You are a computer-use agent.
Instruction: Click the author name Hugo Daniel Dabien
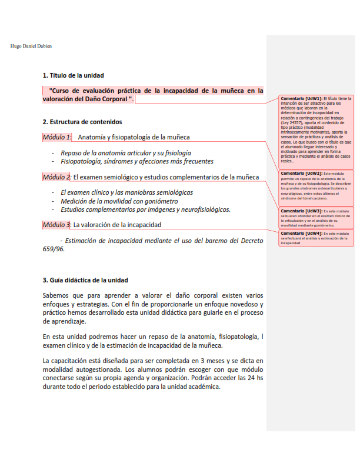coord(32,46)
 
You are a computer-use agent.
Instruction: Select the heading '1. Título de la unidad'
coord(74,75)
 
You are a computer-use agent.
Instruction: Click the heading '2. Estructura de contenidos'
coord(82,122)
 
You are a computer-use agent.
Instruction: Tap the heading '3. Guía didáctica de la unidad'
coord(85,279)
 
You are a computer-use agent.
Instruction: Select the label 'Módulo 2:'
coord(56,177)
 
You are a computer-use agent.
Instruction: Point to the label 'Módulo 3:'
coord(56,225)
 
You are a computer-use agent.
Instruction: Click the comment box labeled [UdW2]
coord(316,187)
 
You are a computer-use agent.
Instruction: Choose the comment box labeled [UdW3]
coord(316,218)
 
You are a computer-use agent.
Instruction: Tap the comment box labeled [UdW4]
coord(316,238)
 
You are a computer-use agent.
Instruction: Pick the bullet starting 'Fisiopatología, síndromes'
coord(136,161)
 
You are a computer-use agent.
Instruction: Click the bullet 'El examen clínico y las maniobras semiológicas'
coord(126,192)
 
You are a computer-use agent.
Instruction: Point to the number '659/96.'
coord(54,249)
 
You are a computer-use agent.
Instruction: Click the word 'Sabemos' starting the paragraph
coord(57,295)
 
